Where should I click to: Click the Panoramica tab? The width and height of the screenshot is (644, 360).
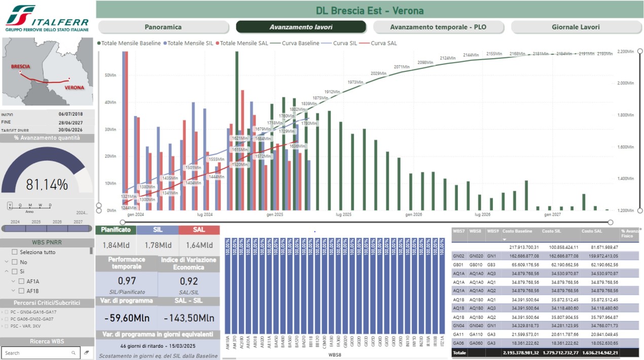[x=163, y=27]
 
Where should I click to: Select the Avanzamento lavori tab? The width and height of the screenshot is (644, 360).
[x=301, y=27]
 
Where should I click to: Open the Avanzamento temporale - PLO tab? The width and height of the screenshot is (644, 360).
[x=438, y=27]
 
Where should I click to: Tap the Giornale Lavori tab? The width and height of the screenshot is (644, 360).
[x=576, y=27]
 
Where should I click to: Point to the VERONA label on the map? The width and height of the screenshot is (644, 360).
[x=74, y=87]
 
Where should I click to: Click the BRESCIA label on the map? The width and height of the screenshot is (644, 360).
[x=21, y=66]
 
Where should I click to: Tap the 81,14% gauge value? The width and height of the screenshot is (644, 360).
[x=47, y=185]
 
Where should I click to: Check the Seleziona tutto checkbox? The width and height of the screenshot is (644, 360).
[x=15, y=252]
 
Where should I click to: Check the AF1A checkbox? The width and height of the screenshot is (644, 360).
[x=21, y=281]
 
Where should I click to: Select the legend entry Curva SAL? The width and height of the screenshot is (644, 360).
[x=383, y=43]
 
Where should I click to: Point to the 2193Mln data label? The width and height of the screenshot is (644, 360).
[x=604, y=53]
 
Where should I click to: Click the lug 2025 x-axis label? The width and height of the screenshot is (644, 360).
[x=343, y=215]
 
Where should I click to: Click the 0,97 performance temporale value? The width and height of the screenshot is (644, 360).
[x=126, y=280]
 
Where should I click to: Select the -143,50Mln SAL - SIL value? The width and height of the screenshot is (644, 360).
[x=189, y=318]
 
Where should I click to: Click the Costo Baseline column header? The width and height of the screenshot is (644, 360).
[x=517, y=231]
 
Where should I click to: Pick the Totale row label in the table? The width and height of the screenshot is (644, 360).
[x=459, y=352]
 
